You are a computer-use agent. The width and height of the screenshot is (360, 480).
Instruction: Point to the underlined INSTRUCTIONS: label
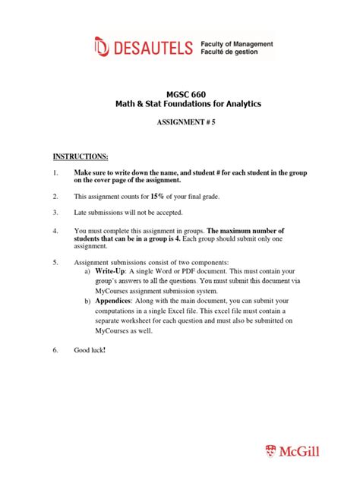[x=81, y=156]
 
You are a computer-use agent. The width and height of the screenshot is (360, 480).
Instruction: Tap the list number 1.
[x=55, y=173]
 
